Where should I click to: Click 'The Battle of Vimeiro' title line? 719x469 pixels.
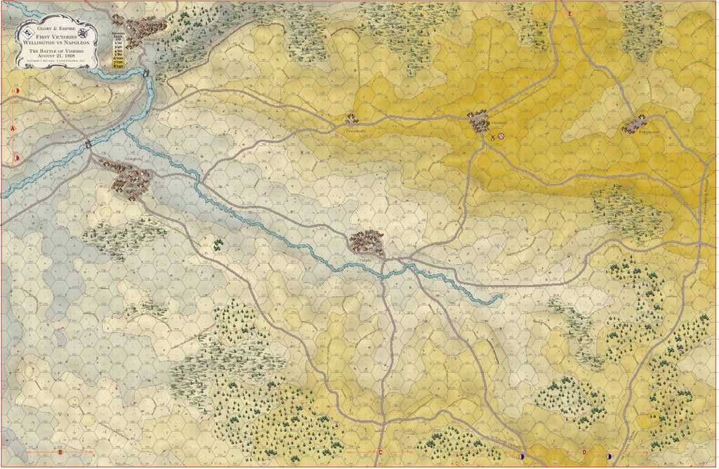51,52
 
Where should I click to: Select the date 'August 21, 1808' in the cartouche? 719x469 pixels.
51,58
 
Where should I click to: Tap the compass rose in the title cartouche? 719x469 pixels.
83,32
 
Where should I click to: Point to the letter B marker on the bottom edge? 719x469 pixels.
60,452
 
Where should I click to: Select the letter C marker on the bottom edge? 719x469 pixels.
380,452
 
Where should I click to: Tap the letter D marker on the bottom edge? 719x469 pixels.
584,452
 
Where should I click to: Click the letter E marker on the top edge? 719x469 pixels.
569,14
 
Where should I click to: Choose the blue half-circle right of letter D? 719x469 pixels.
609,456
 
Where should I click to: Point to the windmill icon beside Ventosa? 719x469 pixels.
493,137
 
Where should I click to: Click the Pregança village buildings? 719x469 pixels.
634,124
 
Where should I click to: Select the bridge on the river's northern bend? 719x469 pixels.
147,70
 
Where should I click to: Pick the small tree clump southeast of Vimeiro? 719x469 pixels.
218,243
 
